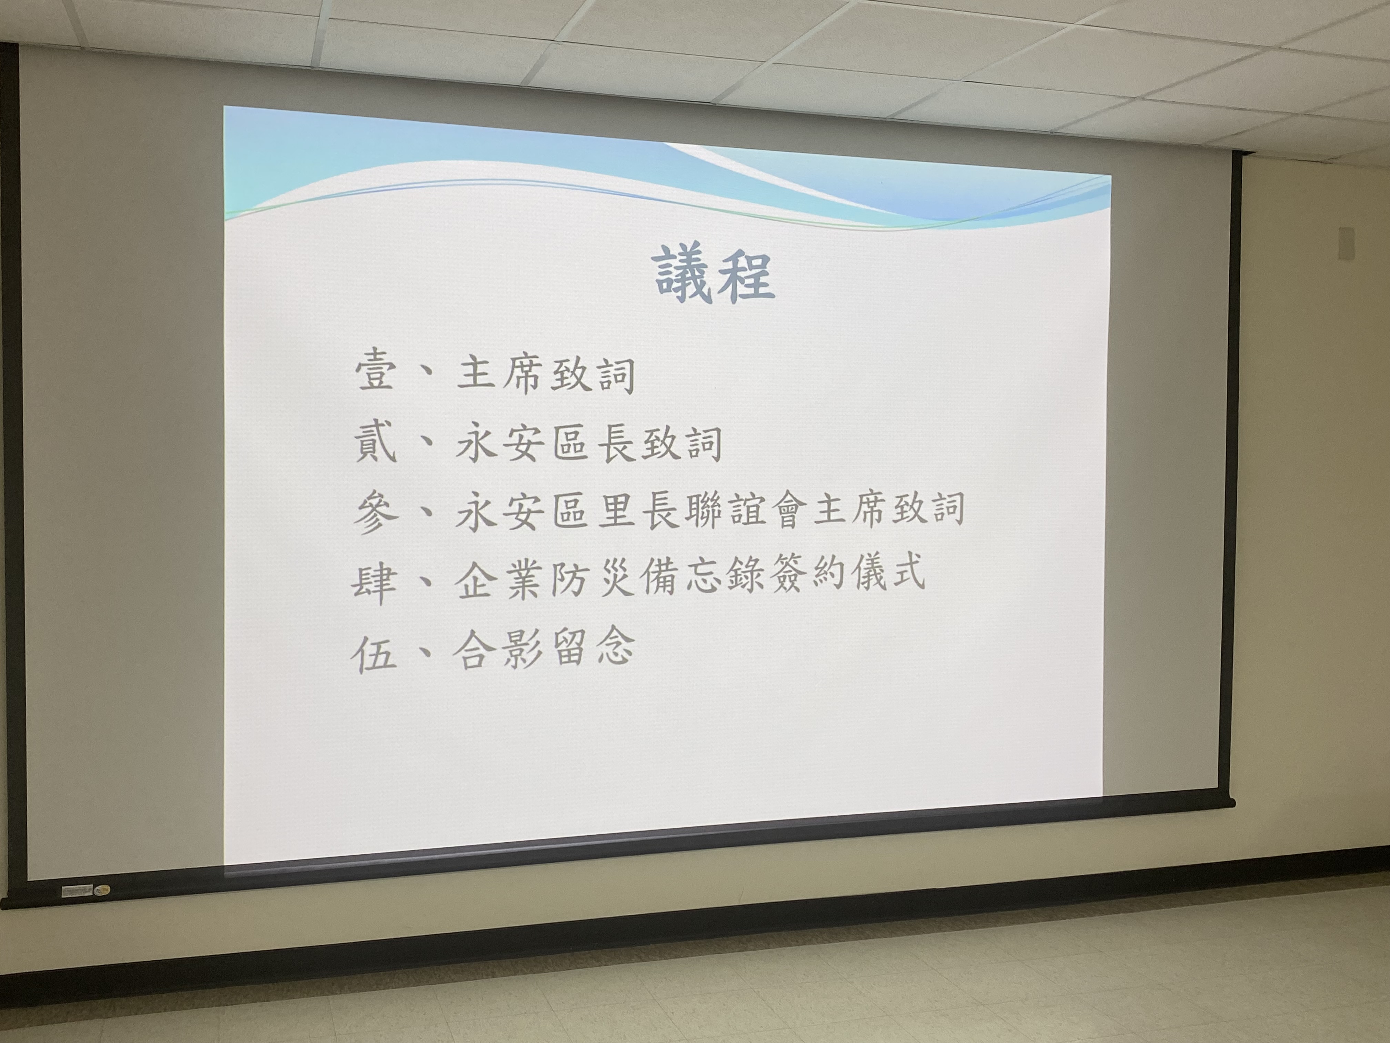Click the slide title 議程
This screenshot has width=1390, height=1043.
coord(715,275)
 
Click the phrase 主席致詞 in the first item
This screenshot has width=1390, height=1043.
coord(545,374)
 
